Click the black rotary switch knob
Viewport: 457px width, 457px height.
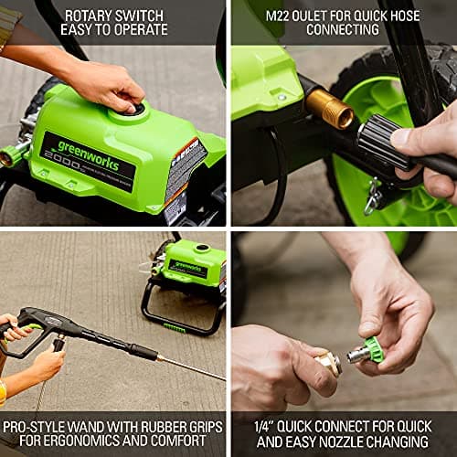click(x=138, y=109)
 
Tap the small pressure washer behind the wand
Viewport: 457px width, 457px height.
click(x=189, y=274)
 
